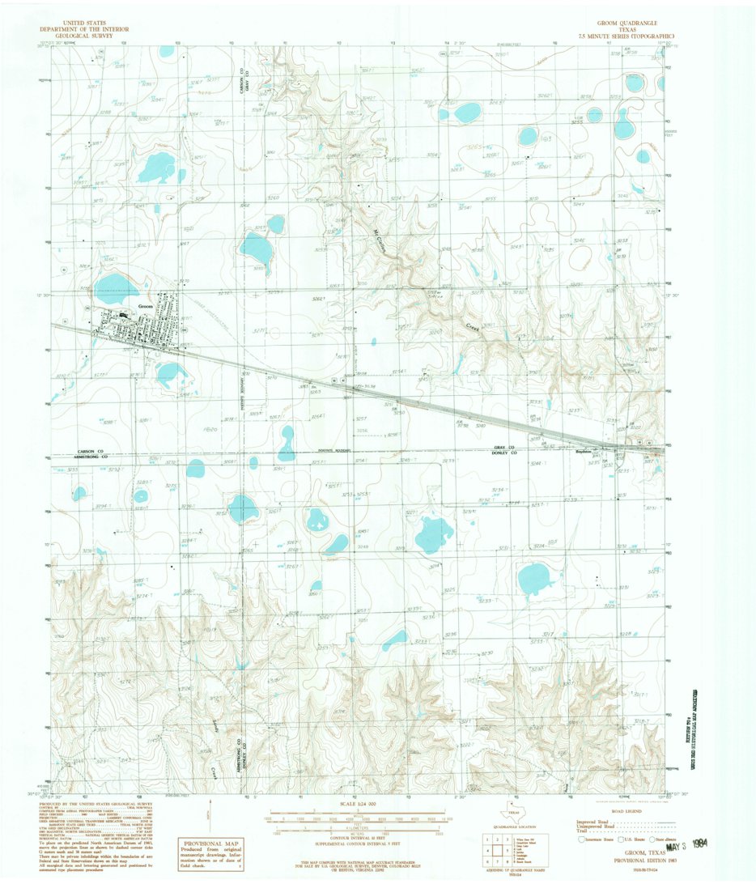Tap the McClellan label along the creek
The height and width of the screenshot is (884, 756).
(x=377, y=244)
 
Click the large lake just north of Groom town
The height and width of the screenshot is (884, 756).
(x=116, y=285)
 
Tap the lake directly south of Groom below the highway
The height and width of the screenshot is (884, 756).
(x=171, y=374)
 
